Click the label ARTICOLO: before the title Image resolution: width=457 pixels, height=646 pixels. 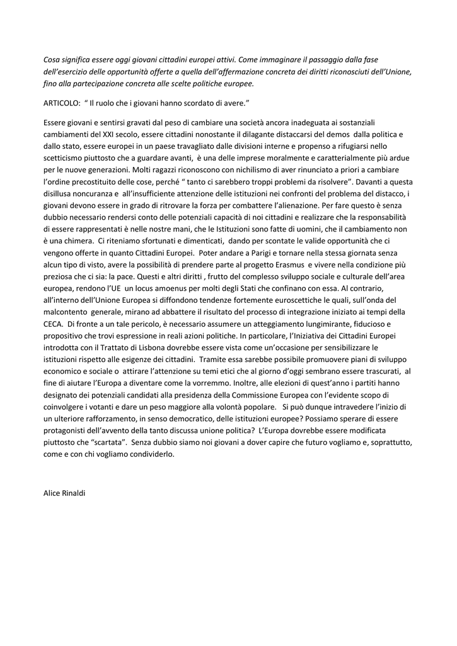(x=62, y=102)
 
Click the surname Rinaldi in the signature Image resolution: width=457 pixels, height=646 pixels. (x=72, y=493)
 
